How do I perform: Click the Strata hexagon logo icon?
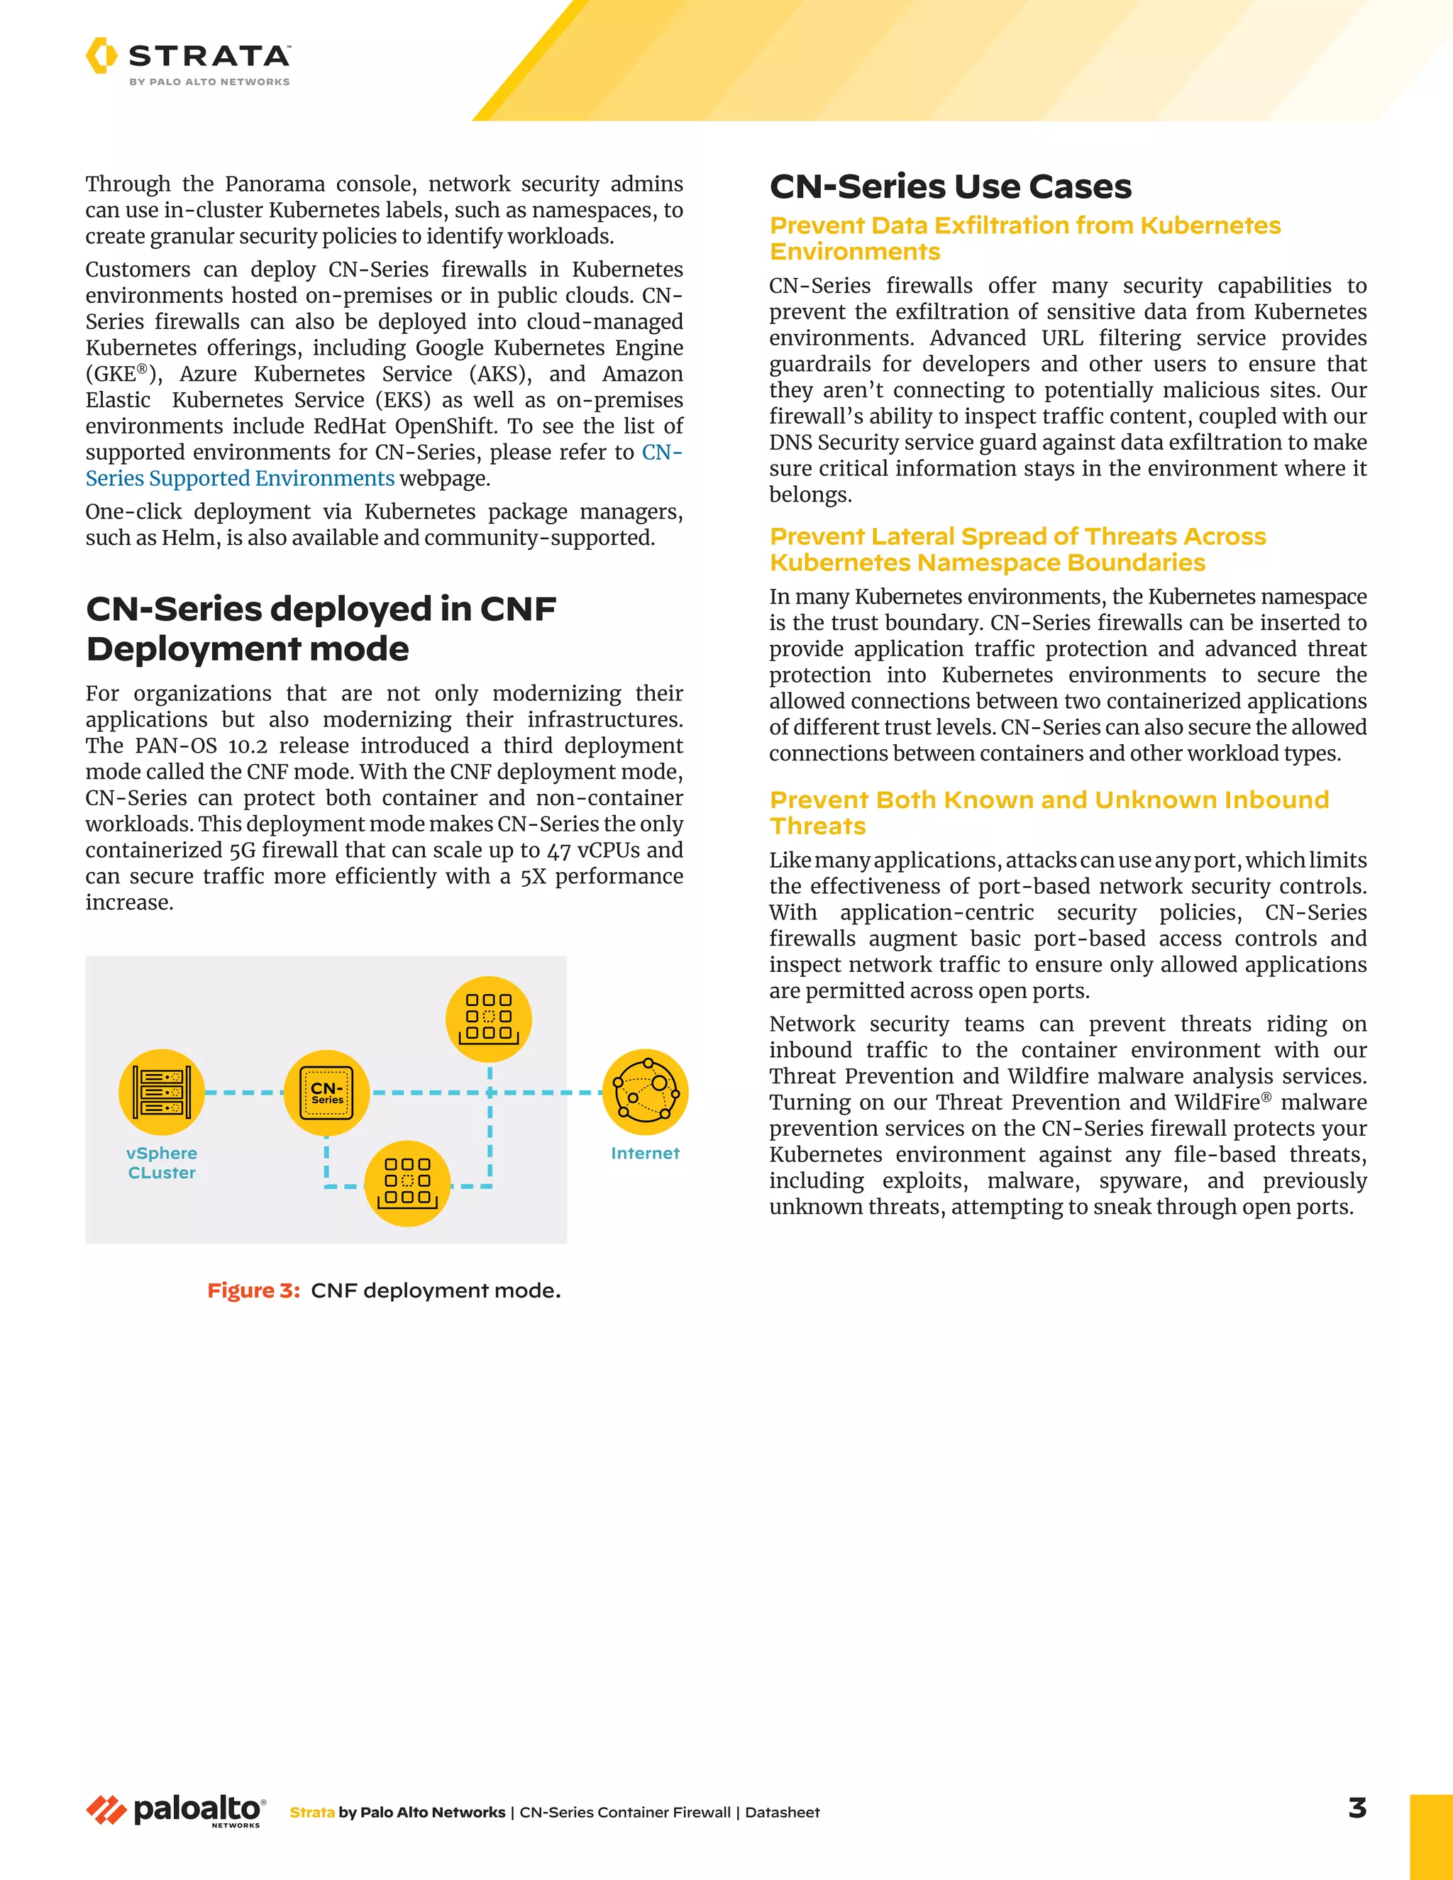pos(101,55)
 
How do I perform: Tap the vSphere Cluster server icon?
pos(162,1092)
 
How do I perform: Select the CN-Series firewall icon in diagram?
pos(326,1093)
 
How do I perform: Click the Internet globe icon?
pos(645,1092)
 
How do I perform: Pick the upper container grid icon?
pos(488,1018)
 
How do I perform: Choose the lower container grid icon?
pos(407,1183)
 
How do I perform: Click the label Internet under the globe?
pos(645,1154)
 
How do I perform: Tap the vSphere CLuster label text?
pos(162,1163)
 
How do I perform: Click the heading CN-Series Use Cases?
pos(950,187)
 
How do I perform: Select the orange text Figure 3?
pos(253,1290)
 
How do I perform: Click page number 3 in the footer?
pos(1357,1808)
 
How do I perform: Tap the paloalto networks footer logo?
pos(177,1810)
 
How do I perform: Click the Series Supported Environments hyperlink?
pos(241,479)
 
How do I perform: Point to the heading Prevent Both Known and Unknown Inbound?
pos(1049,800)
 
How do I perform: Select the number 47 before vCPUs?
pos(558,851)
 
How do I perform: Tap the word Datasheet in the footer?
pos(782,1812)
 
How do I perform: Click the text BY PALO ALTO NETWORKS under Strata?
pos(209,82)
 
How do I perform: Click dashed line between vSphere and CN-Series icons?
pos(243,1093)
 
